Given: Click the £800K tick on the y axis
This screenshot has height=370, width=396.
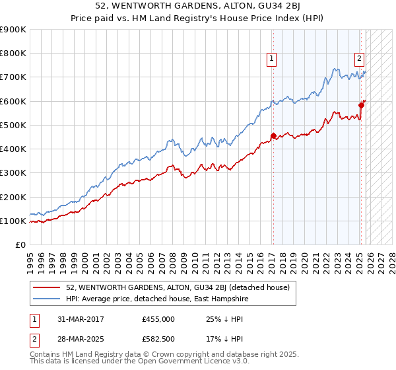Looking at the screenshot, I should pyautogui.click(x=13, y=54).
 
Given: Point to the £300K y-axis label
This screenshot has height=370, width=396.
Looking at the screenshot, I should pyautogui.click(x=13, y=173).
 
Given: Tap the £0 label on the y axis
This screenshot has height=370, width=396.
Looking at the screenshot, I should pyautogui.click(x=21, y=244).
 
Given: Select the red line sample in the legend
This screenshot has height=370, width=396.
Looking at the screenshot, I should pyautogui.click(x=48, y=287).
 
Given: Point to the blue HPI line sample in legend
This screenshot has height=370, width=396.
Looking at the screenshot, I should pyautogui.click(x=48, y=299).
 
